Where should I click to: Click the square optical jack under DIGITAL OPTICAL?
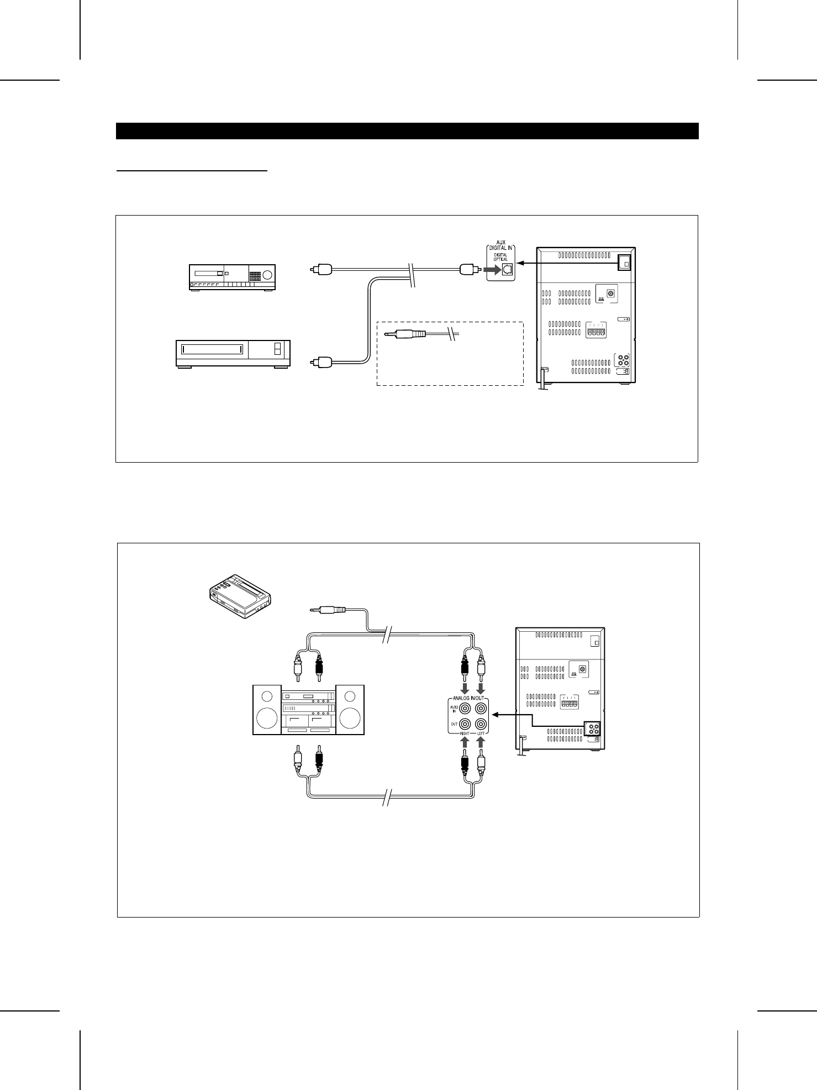506,270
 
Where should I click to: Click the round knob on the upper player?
268,275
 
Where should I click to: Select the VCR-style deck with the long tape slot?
233,353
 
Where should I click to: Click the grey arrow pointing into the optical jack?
489,270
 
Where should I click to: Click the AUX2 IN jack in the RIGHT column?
466,708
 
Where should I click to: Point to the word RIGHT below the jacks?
464,734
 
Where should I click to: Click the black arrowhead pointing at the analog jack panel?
496,715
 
